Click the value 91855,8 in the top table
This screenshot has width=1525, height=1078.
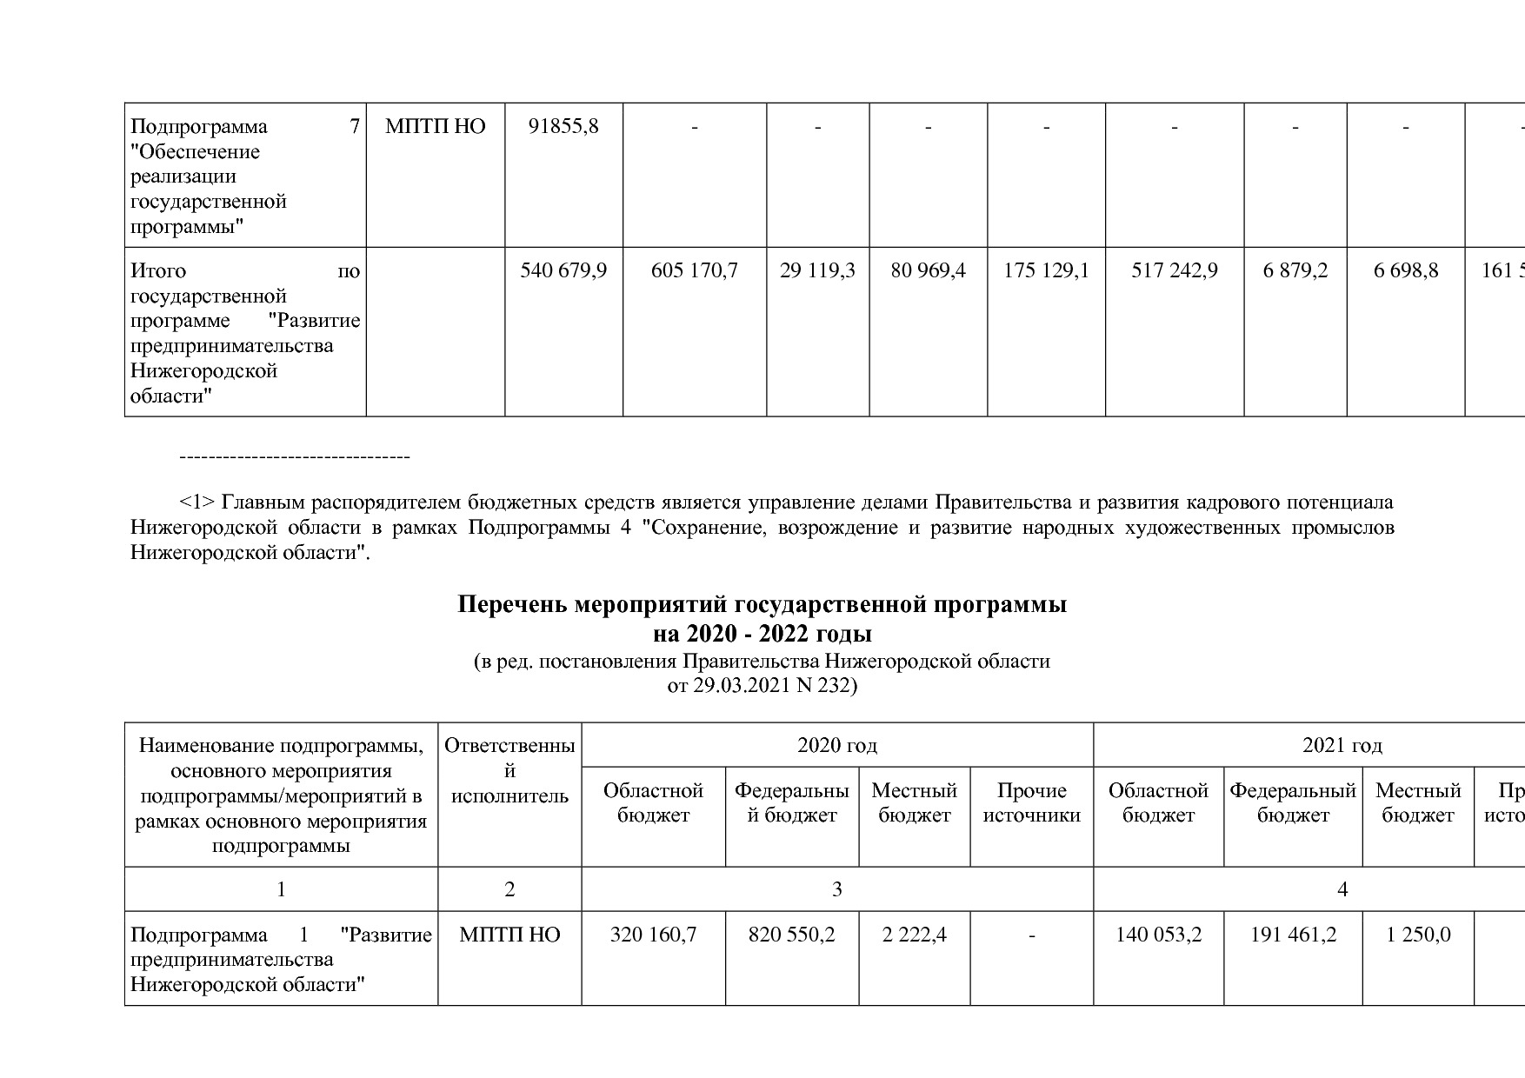click(x=563, y=127)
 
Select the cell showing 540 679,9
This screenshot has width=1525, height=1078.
click(x=563, y=271)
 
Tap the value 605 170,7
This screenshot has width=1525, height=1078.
click(x=694, y=271)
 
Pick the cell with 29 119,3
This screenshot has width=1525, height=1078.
click(x=817, y=271)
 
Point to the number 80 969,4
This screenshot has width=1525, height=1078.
click(x=928, y=271)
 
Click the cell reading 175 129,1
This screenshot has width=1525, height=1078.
click(x=1046, y=271)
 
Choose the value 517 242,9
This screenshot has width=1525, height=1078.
click(x=1174, y=271)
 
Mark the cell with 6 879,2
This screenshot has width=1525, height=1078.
click(x=1295, y=271)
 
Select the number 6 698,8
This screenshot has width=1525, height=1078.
click(x=1405, y=271)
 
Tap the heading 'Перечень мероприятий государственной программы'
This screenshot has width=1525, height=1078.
click(x=762, y=605)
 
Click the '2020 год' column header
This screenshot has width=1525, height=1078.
click(x=836, y=745)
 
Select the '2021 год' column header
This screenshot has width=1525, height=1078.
click(x=1342, y=745)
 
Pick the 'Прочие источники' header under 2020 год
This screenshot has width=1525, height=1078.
click(x=1031, y=802)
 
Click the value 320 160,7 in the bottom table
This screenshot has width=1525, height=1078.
click(x=653, y=935)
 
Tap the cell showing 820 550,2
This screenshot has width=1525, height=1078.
click(x=791, y=935)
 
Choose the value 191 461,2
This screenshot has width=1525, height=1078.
click(x=1293, y=935)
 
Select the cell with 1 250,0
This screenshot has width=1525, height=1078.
click(x=1417, y=935)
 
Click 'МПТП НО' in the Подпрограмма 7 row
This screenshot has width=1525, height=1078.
click(x=435, y=127)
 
